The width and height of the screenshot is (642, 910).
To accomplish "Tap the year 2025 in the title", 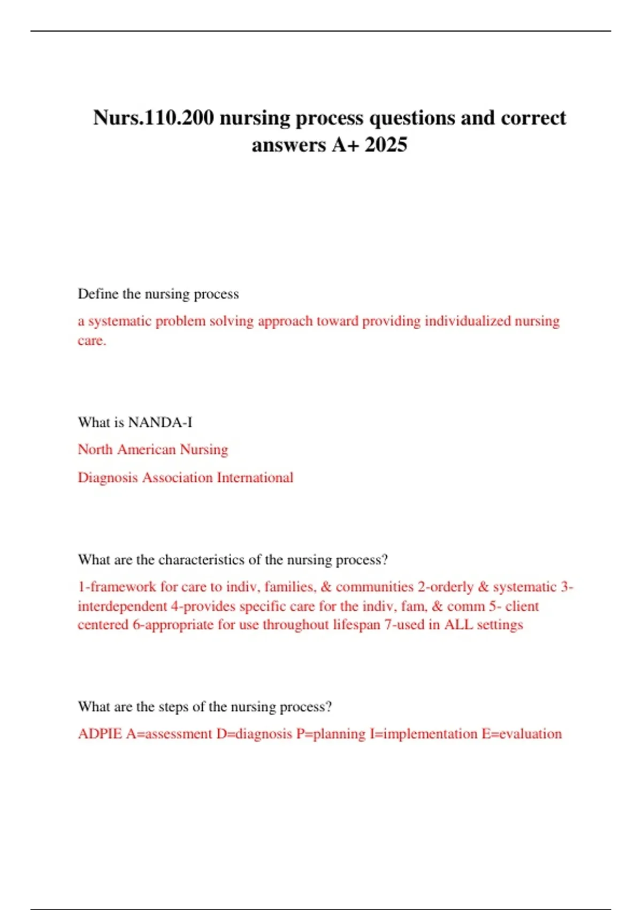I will [386, 145].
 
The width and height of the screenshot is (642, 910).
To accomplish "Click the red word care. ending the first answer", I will [92, 340].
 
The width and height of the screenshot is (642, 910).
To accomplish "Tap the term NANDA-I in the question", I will [160, 422].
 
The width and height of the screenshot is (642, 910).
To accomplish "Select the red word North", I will [95, 449].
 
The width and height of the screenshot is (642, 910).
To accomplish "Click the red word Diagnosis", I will [108, 477].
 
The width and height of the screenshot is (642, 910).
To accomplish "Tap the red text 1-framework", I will [117, 587].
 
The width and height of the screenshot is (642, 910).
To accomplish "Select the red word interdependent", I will [123, 606].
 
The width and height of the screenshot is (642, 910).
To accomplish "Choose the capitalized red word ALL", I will [458, 625].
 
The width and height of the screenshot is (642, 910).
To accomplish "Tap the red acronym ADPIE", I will [100, 734].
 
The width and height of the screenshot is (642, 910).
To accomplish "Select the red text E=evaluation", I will [522, 734].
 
